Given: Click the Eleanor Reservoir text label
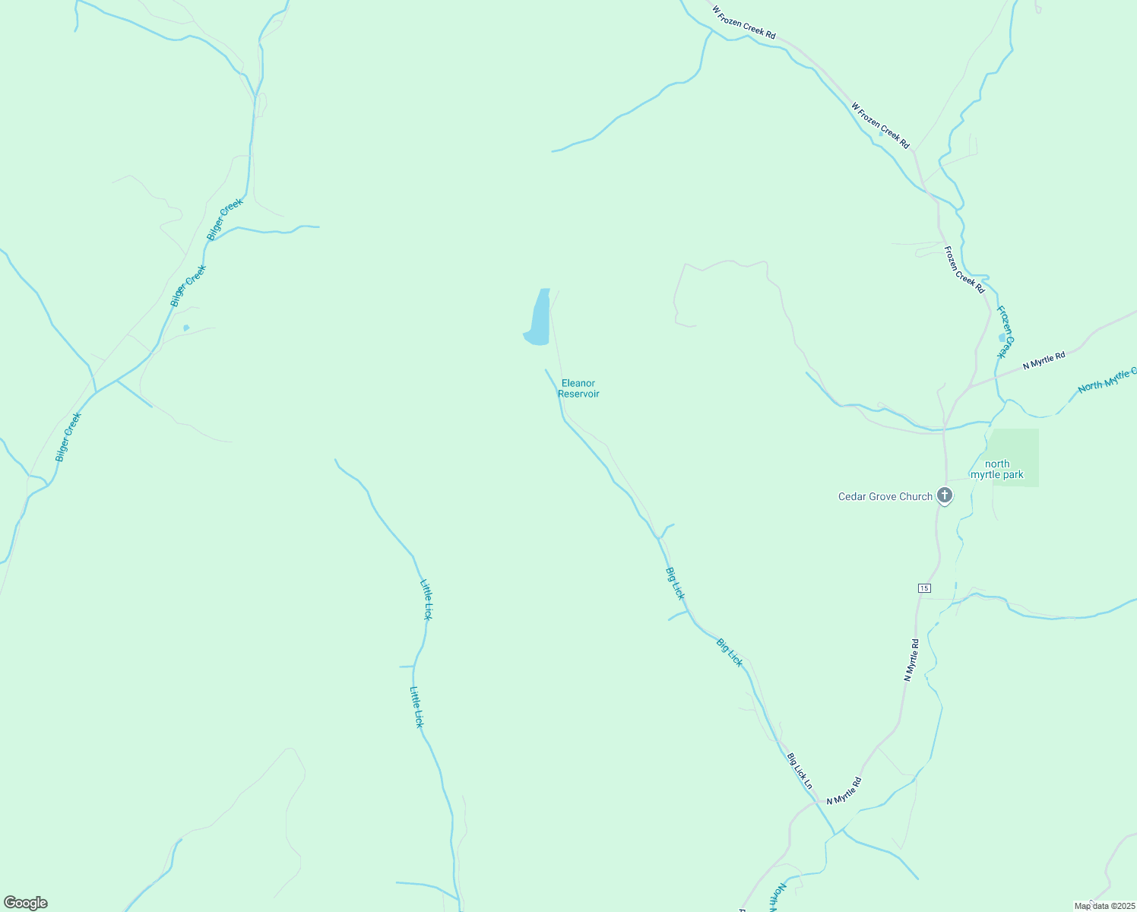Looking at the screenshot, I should (578, 388).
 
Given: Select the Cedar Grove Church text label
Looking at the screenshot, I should (885, 496).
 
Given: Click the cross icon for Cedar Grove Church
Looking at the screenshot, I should (945, 496).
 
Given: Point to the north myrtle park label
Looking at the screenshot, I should (997, 469).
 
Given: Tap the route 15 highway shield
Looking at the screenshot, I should (923, 588).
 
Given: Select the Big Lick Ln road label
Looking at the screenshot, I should (800, 771).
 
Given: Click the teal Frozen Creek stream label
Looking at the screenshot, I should (1006, 332).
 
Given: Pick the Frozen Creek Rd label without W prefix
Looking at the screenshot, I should (964, 270).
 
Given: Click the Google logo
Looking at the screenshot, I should (26, 903).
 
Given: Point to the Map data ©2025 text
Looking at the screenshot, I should (1103, 906).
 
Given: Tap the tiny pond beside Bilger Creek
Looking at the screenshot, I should (186, 328).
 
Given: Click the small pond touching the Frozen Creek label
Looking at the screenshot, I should (1002, 337).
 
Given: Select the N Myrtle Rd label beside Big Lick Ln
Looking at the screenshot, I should (844, 791).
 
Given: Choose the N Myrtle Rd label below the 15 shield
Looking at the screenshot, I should (911, 660).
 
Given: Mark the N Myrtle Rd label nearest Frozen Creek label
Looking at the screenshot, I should (1044, 360).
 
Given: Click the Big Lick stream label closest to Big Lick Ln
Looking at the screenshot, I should (729, 652).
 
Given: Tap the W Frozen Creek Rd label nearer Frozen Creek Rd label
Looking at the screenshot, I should (880, 126).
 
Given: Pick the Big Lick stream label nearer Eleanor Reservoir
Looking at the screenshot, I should (675, 583).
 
